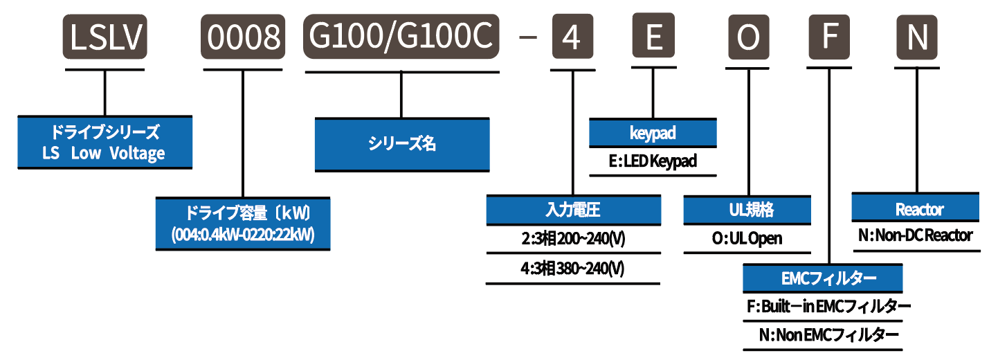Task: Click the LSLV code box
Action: [106, 38]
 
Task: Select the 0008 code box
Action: [243, 38]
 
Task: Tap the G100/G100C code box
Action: [401, 38]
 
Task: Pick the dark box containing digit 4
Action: [572, 38]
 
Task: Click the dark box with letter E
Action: [653, 38]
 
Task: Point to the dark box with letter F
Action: [828, 38]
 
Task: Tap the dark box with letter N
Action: [917, 38]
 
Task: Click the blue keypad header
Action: [653, 132]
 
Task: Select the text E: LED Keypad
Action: [653, 162]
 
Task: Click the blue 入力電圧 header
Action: [573, 210]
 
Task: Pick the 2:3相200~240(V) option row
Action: [573, 240]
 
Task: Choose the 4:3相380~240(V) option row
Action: [573, 269]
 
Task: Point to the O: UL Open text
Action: [747, 239]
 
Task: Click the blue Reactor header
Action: [916, 209]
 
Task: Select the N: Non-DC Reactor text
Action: [915, 235]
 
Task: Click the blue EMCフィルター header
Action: [823, 278]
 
